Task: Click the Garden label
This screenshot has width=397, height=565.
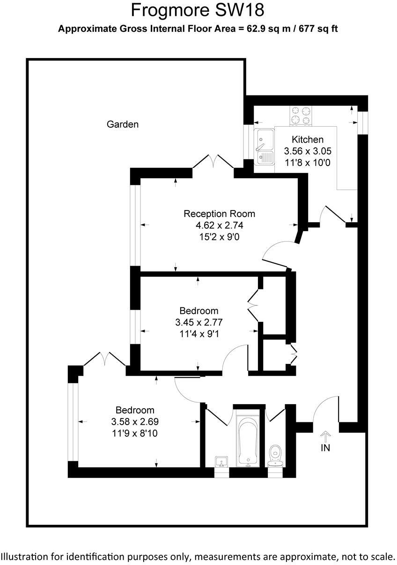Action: coord(123,124)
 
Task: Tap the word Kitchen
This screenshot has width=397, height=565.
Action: coord(308,139)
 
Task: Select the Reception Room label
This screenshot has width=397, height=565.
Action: coord(220,214)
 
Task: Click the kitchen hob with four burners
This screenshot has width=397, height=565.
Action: coord(301,116)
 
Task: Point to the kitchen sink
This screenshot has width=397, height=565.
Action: coord(265,147)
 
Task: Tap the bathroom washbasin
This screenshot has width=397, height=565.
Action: coord(221,461)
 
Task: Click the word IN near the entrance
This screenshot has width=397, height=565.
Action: coord(325,448)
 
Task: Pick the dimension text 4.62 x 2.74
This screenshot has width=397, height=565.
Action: coord(220,225)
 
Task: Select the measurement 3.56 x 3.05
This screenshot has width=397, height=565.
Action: coord(308,151)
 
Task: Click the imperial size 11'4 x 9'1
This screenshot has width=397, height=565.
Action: coord(198,333)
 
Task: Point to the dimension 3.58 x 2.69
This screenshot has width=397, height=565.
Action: coord(135,421)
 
